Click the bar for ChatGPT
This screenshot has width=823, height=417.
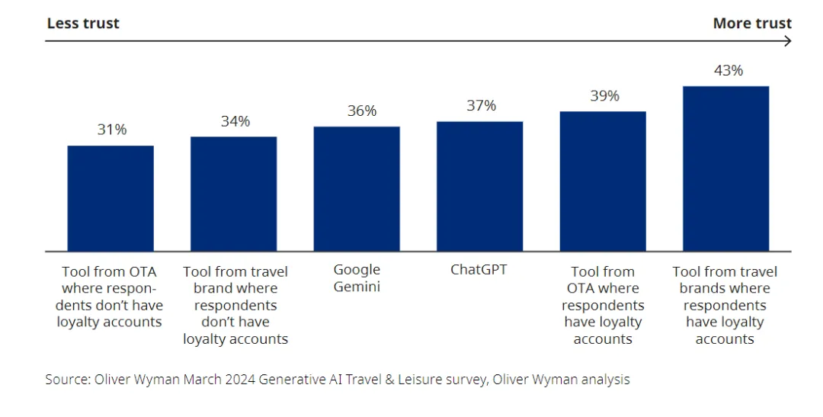click(479, 186)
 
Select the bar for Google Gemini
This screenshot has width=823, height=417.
click(357, 188)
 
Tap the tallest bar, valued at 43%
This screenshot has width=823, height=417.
click(725, 168)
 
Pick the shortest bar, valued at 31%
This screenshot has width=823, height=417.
click(110, 198)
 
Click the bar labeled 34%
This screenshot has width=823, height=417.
click(233, 194)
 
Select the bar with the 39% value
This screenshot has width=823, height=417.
click(603, 181)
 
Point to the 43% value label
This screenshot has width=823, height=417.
click(728, 71)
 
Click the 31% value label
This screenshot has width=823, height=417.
click(112, 130)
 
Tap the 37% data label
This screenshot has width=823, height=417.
click(482, 106)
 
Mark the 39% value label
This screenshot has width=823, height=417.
click(604, 96)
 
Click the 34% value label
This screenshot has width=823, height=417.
click(235, 121)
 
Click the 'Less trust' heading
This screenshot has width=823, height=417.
click(83, 24)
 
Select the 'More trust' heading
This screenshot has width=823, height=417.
click(751, 24)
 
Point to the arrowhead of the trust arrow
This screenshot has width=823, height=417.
click(788, 41)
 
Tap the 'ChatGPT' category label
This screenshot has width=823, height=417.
click(479, 270)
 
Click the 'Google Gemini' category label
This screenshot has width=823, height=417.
click(357, 278)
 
